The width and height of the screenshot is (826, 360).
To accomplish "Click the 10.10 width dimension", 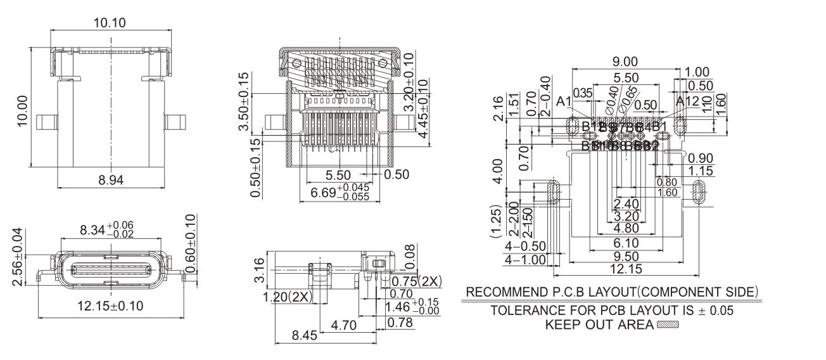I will click(x=110, y=23).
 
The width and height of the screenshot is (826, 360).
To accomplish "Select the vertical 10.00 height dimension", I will click(x=23, y=111).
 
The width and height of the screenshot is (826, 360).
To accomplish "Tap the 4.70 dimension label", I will click(x=345, y=326).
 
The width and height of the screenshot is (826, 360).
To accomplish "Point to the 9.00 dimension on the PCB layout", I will click(x=625, y=61).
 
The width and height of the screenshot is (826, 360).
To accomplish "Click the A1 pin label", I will click(x=564, y=101).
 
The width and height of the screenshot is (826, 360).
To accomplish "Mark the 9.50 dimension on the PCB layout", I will click(x=626, y=257).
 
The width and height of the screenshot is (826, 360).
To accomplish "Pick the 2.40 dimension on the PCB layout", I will click(x=626, y=204).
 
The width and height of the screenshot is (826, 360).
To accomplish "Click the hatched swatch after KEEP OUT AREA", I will click(x=668, y=325).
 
